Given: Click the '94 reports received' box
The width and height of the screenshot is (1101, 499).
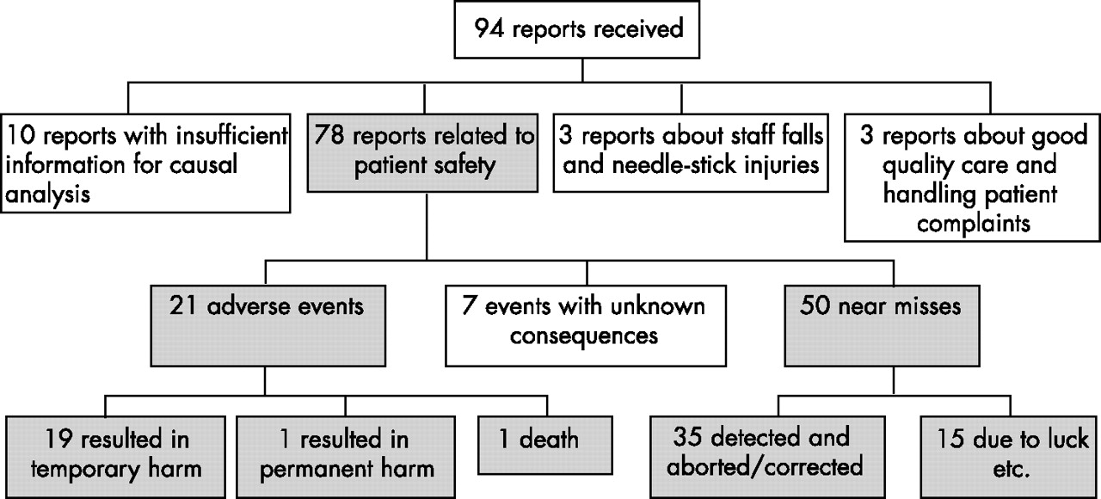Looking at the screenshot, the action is [x=577, y=30].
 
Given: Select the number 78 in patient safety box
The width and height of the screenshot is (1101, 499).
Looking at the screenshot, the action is [x=329, y=135].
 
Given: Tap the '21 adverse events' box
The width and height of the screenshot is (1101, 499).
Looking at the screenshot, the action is [x=268, y=326].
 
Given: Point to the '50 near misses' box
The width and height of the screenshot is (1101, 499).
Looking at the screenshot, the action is [x=882, y=326].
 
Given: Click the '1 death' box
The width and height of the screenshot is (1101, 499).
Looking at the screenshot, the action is [x=545, y=446].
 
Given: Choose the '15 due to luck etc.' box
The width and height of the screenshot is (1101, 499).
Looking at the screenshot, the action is [x=1010, y=457].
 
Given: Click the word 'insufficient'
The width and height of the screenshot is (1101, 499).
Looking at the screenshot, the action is [x=232, y=135].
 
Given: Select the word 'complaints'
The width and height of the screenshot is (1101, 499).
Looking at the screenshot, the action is [x=973, y=225].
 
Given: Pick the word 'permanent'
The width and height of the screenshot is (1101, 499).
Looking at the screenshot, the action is [x=315, y=469].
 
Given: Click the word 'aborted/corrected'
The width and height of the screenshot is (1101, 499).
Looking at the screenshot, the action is [x=765, y=466].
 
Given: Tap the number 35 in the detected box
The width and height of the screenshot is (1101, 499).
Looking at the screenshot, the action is [x=688, y=436].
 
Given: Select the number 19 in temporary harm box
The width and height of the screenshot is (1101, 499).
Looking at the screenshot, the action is [x=58, y=439].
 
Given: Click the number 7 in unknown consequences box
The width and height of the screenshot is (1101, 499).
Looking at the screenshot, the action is [x=469, y=306].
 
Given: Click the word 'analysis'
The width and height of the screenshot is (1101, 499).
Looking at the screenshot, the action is [x=47, y=194].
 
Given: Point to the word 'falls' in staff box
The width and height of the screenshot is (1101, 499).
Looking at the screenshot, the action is [x=796, y=135].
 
